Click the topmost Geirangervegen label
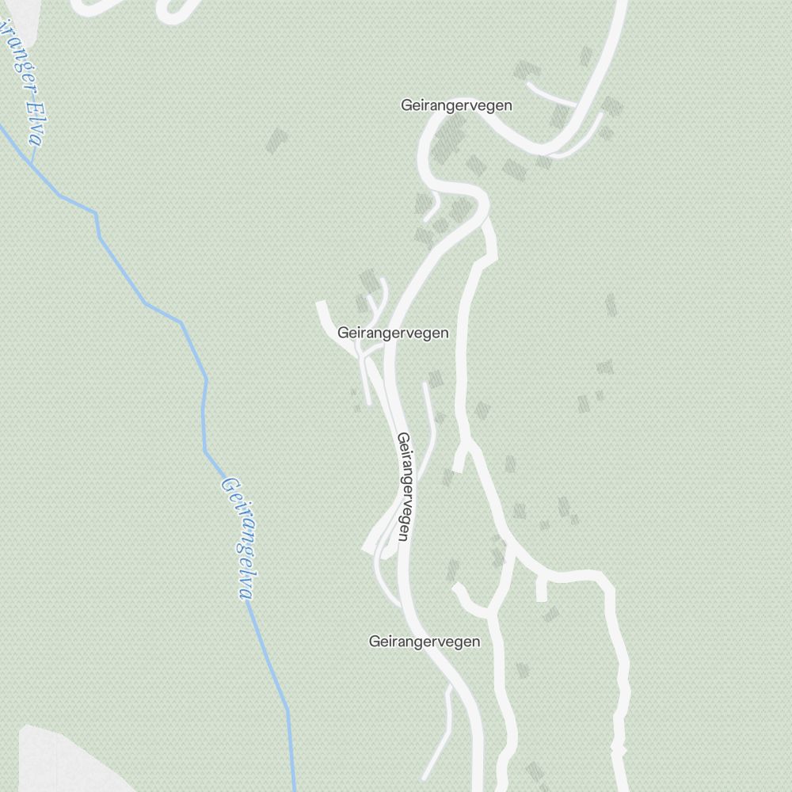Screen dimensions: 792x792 tap(456, 105)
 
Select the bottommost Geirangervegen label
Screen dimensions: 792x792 tap(425, 642)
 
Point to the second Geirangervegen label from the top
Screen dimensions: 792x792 tap(393, 333)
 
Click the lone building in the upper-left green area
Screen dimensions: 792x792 tap(276, 141)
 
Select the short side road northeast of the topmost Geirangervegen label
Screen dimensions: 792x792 tap(550, 93)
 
